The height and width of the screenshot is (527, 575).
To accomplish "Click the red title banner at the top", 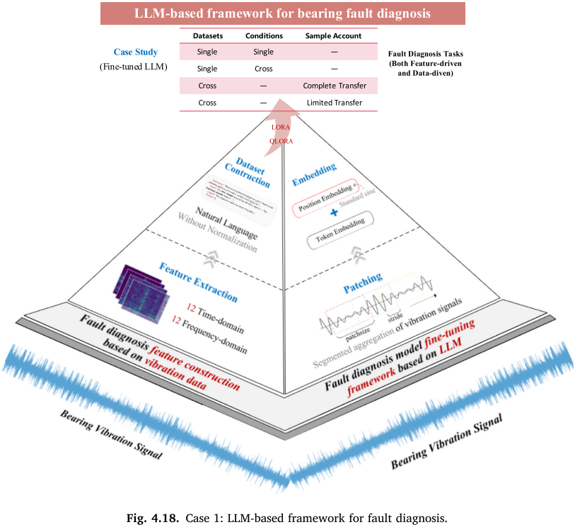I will tap(282, 13).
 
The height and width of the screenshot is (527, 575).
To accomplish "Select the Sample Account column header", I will tap(333, 36).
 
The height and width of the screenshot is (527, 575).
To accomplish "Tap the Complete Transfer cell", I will tap(334, 86).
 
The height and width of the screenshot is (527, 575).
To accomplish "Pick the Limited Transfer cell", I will tap(334, 103).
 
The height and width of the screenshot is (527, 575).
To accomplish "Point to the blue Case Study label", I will tap(136, 52).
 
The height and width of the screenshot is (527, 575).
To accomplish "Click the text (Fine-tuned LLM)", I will tap(136, 67).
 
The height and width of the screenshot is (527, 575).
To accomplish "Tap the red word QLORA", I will tap(281, 140).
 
